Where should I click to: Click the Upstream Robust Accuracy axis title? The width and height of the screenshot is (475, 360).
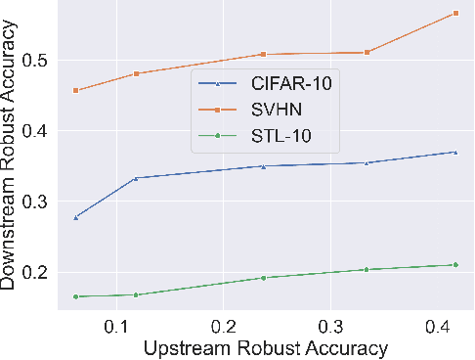coord(266,347)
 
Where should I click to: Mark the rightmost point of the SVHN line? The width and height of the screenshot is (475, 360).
coord(455,13)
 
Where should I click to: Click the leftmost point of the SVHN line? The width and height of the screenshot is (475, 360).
coord(75,91)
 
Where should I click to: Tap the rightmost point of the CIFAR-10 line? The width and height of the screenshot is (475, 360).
coord(455,152)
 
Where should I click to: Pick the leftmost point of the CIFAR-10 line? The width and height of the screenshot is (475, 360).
coord(75,217)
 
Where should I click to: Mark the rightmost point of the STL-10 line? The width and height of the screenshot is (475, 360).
coord(455,264)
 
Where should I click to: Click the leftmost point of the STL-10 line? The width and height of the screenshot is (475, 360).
coord(75,296)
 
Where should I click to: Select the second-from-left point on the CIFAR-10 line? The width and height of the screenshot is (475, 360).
coord(135,178)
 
